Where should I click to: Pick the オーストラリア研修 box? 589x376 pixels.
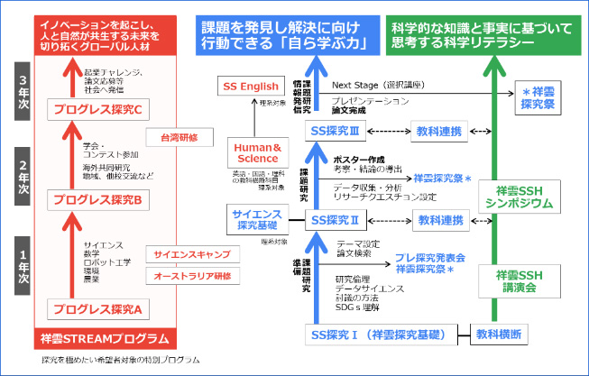coord(191,275)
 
